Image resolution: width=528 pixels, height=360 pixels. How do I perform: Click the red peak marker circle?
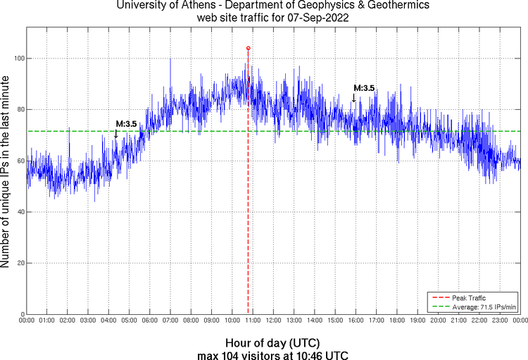(x=248, y=48)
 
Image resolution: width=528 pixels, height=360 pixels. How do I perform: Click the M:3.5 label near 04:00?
(x=126, y=124)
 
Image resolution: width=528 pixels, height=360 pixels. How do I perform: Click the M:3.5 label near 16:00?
(x=364, y=88)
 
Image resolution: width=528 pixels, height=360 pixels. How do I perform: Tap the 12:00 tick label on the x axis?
(x=273, y=321)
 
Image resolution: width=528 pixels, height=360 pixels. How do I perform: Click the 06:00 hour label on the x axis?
(x=150, y=321)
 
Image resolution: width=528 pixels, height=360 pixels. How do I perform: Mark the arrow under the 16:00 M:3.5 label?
(x=353, y=98)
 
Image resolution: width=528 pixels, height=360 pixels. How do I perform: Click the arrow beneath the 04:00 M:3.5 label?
(x=116, y=134)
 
